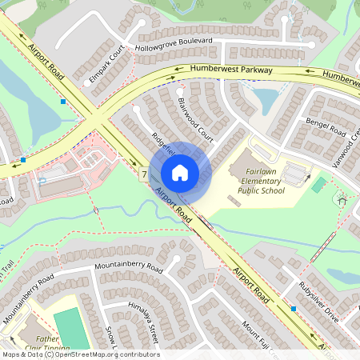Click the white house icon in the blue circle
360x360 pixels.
click(180, 172)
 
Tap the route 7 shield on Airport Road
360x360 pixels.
click(143, 173)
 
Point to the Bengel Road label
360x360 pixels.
click(325, 126)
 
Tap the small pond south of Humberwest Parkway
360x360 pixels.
click(265, 98)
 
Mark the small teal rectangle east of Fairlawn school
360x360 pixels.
click(318, 185)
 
